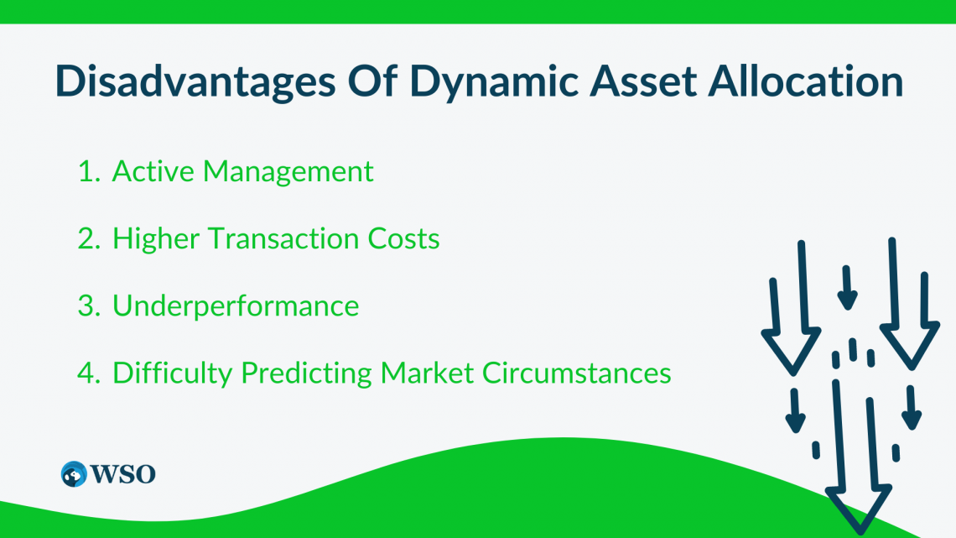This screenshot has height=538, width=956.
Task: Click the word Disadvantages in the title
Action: click(x=195, y=82)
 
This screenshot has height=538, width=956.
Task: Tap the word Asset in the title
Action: click(x=642, y=81)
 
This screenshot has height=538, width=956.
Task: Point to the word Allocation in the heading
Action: click(x=805, y=81)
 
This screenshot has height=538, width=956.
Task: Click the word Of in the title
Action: click(x=372, y=81)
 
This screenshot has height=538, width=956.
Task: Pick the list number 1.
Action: click(x=89, y=171)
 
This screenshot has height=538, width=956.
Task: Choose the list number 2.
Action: click(x=89, y=238)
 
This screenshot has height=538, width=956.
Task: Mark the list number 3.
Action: click(x=89, y=306)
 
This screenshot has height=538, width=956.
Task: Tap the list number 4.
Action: click(x=89, y=373)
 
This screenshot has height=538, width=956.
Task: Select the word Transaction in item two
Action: click(x=283, y=238)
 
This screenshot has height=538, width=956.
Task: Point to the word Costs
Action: click(x=403, y=238)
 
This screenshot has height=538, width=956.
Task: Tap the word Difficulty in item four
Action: click(x=173, y=373)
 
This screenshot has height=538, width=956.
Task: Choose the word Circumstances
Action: click(x=577, y=373)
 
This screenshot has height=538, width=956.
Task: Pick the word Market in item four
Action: click(x=427, y=373)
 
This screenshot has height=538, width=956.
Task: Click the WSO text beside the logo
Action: click(x=123, y=474)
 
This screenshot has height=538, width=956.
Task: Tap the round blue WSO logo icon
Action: click(x=74, y=474)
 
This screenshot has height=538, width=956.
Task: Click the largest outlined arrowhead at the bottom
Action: click(x=859, y=508)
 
